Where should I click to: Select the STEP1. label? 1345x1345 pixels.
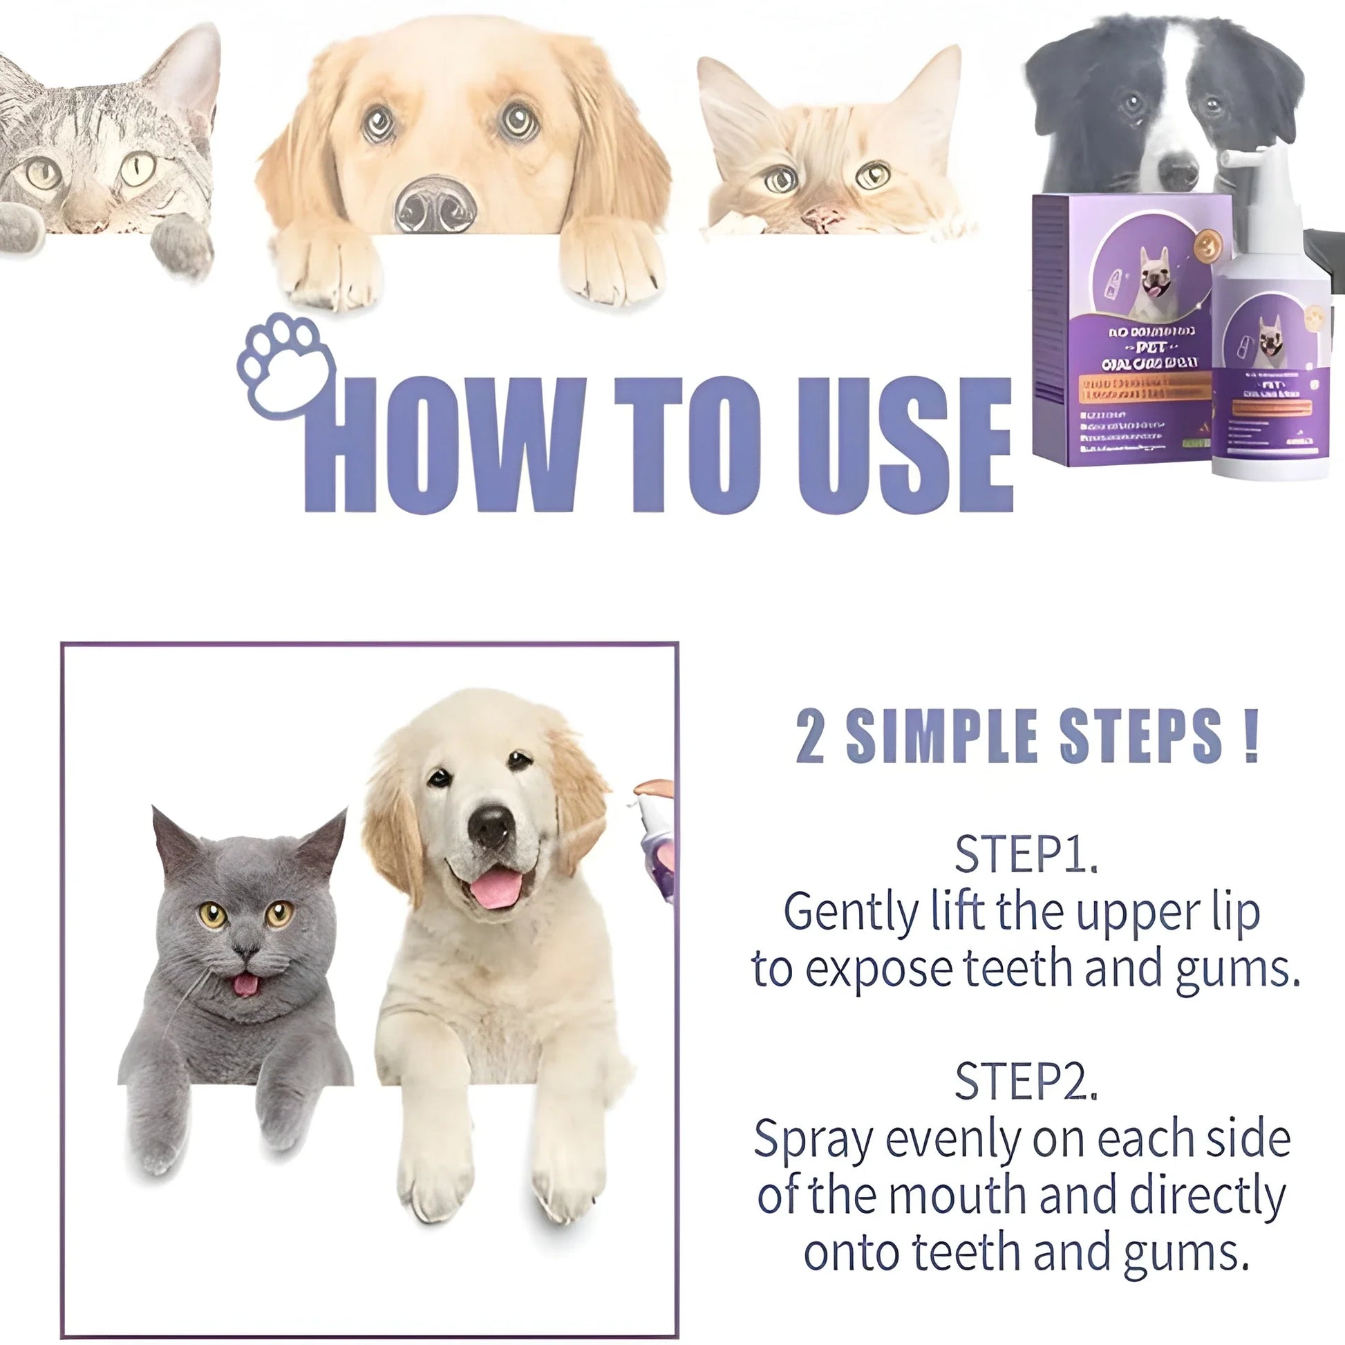point(1026,854)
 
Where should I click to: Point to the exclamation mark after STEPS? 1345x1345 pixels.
point(1250,737)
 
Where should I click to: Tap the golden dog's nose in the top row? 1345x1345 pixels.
point(436,205)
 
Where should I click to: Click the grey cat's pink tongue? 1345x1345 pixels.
point(245,985)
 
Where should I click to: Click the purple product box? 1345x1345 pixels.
point(1121,327)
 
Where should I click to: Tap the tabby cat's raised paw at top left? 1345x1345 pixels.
point(181,244)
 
